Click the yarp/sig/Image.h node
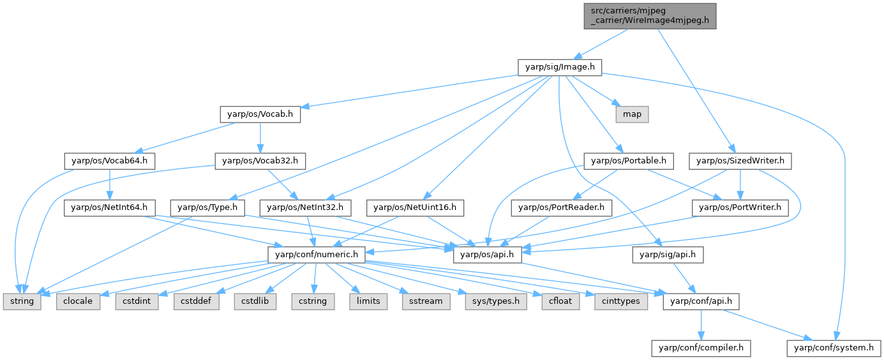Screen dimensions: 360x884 (x=560, y=66)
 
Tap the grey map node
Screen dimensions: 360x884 (x=632, y=114)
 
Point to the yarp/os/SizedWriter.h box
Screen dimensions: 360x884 (x=740, y=161)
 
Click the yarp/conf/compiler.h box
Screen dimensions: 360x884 (x=700, y=348)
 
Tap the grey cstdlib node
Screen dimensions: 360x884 (x=256, y=301)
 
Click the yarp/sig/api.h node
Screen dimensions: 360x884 (x=668, y=255)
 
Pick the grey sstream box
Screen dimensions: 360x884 (x=422, y=301)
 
